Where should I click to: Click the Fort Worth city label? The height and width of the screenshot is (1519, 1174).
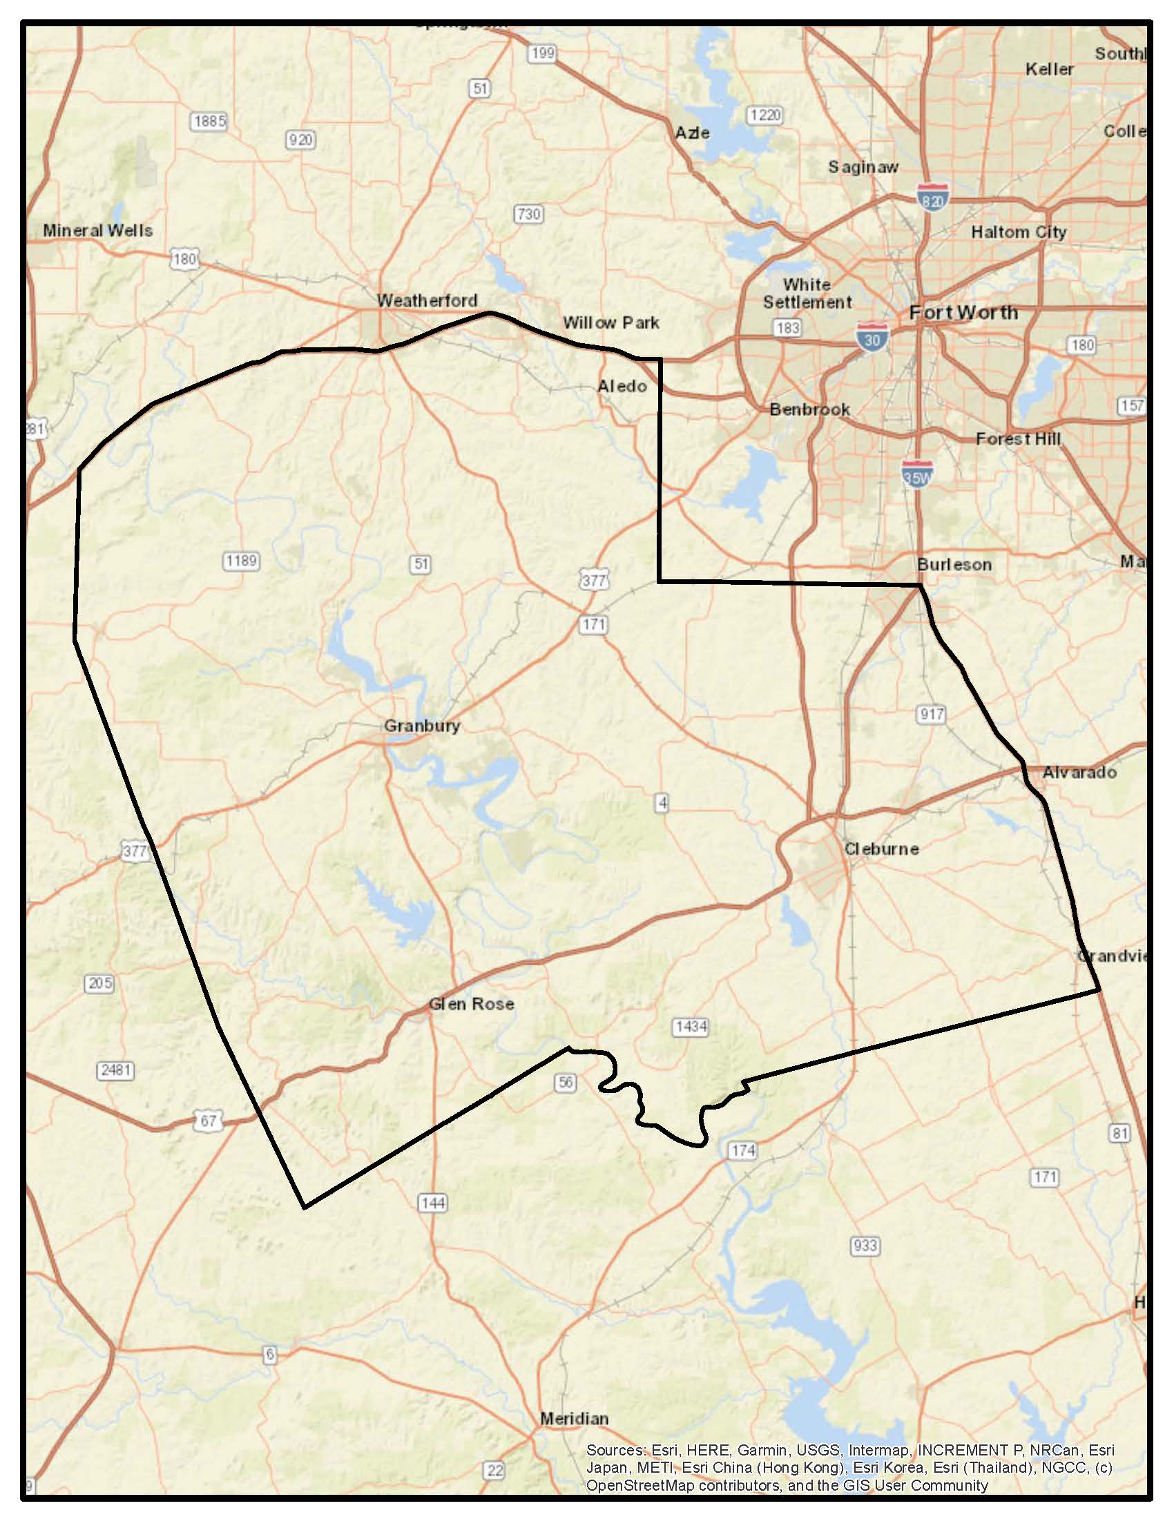point(963,313)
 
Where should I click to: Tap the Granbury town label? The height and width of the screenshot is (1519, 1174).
point(421,726)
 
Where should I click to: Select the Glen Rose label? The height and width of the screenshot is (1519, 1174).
point(471,1004)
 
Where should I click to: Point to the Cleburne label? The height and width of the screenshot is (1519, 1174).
point(881,849)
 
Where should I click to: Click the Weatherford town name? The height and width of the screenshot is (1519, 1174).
point(426,300)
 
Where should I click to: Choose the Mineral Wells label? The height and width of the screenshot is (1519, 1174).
point(97,230)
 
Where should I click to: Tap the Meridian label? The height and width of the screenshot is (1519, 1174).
point(574,1418)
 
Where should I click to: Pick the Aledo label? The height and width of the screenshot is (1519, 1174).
point(622,386)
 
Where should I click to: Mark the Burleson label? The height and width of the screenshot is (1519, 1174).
point(954,564)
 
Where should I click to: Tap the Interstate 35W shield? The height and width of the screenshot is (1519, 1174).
point(916,474)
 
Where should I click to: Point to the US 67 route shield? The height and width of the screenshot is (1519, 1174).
point(208,1121)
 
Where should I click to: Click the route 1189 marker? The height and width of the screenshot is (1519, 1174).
point(241,561)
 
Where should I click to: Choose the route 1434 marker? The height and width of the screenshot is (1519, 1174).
point(691,1027)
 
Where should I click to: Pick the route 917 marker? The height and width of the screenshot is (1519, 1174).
point(932,715)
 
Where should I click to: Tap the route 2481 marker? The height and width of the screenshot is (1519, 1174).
point(115,1070)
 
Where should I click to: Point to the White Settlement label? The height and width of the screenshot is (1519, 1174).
point(807,293)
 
